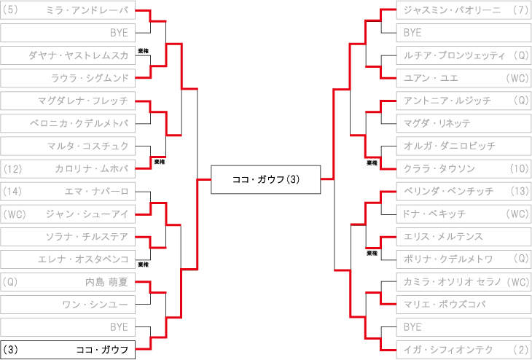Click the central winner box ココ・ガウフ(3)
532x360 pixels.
coord(266,179)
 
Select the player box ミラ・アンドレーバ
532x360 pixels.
coord(68,10)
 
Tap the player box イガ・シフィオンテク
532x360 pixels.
coord(464,350)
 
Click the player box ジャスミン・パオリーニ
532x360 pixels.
coord(464,10)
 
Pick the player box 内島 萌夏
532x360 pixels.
coord(68,281)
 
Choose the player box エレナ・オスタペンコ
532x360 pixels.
coord(68,259)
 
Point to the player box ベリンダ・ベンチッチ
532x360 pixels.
coord(464,191)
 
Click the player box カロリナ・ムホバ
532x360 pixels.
coord(68,168)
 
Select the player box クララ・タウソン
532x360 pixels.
coord(464,168)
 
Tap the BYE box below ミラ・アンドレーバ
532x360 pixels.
coord(68,33)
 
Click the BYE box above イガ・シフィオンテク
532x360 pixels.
coord(464,327)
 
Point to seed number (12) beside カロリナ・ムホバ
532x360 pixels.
coord(12,168)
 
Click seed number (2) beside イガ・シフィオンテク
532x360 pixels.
coord(520,350)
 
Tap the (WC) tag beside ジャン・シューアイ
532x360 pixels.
coord(15,214)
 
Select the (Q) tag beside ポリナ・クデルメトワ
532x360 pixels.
coord(521,259)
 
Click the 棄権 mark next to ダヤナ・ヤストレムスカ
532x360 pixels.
coord(143,51)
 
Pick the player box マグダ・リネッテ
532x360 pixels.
coord(464,123)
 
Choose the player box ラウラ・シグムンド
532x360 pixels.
coord(68,78)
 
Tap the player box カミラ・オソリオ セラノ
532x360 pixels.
coord(464,281)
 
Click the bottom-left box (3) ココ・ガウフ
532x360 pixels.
coord(68,350)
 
